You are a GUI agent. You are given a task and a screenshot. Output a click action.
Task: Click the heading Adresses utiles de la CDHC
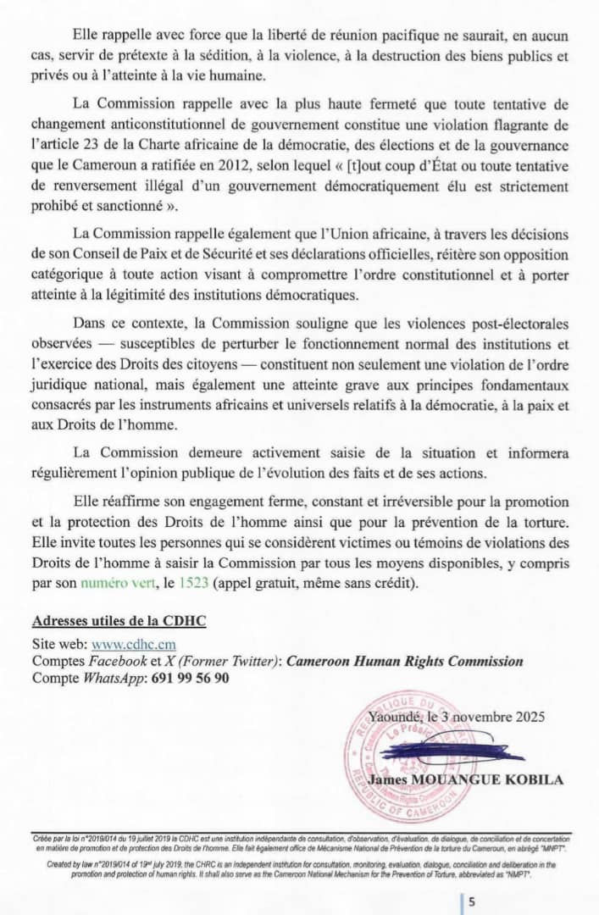(119, 621)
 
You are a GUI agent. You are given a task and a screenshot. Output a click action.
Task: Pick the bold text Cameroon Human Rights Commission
(404, 662)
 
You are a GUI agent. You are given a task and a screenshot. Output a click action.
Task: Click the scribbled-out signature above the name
(441, 751)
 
